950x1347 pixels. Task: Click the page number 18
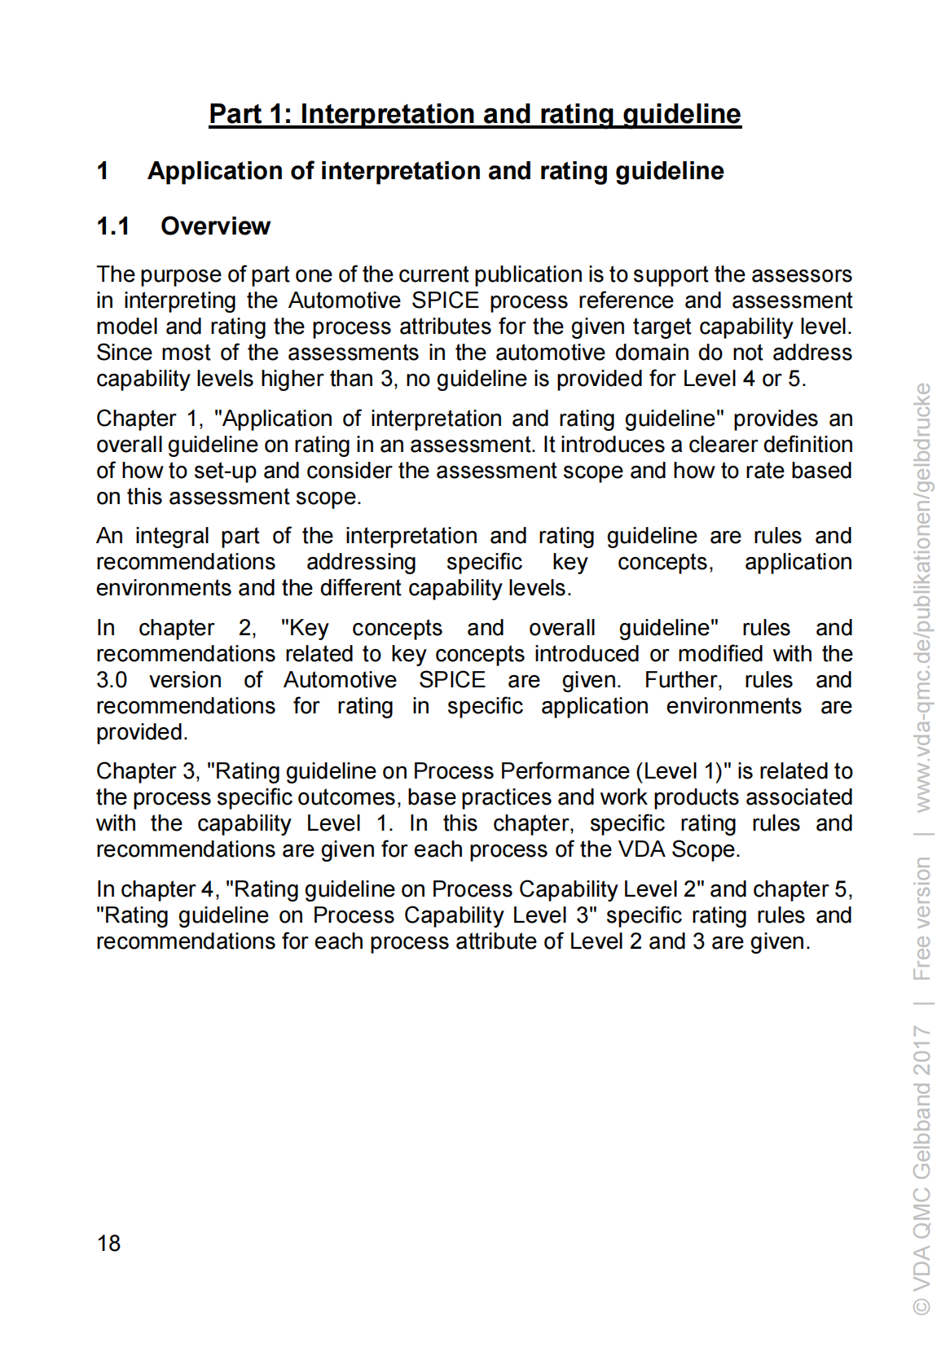(x=108, y=1243)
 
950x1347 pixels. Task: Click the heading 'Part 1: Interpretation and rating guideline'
(x=474, y=113)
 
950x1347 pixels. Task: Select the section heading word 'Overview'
(x=215, y=226)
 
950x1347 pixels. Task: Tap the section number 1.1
(x=113, y=226)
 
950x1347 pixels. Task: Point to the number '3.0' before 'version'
(x=112, y=680)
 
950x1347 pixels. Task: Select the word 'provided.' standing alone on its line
(x=142, y=732)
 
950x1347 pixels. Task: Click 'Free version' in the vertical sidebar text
(x=921, y=918)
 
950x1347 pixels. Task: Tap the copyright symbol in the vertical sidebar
(x=921, y=1305)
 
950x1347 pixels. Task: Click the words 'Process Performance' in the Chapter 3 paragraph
(x=521, y=771)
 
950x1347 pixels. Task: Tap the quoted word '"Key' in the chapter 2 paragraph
(x=305, y=628)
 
